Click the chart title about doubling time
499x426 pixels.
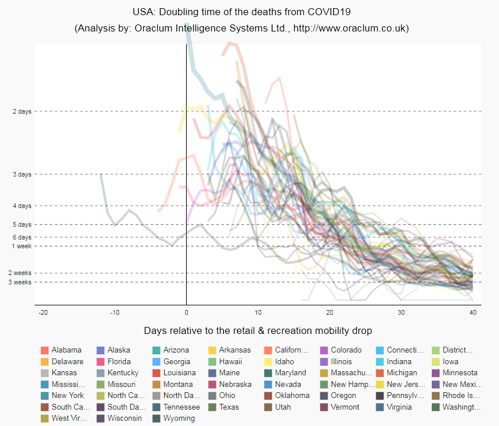point(242,11)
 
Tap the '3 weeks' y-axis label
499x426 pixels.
point(21,282)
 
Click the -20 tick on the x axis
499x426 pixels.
point(43,313)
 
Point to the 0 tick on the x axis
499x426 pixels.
point(186,313)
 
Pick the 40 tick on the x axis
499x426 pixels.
point(473,313)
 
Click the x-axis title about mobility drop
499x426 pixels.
point(258,331)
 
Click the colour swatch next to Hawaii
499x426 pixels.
point(212,362)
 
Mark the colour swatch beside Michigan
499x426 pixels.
point(380,373)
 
